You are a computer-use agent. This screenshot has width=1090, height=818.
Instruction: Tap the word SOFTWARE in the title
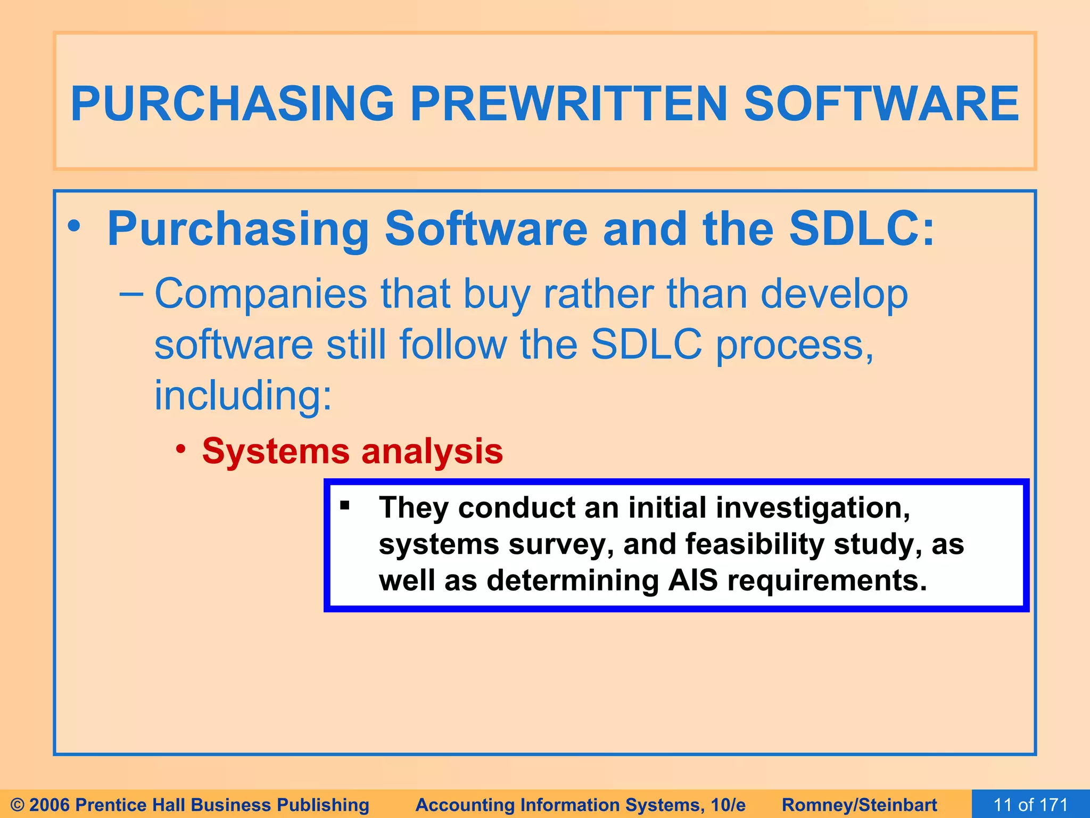click(881, 104)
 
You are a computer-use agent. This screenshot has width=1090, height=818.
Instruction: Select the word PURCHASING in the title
click(233, 104)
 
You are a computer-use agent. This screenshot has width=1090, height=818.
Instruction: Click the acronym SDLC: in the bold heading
click(862, 229)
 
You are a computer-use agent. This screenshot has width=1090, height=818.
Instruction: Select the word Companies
click(261, 295)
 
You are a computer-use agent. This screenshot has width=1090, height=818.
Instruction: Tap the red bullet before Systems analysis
click(181, 449)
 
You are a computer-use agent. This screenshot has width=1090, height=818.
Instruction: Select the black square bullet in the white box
click(345, 505)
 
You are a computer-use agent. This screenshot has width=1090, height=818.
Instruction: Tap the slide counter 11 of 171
click(1030, 804)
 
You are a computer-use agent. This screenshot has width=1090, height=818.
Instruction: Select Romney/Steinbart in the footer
click(859, 805)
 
